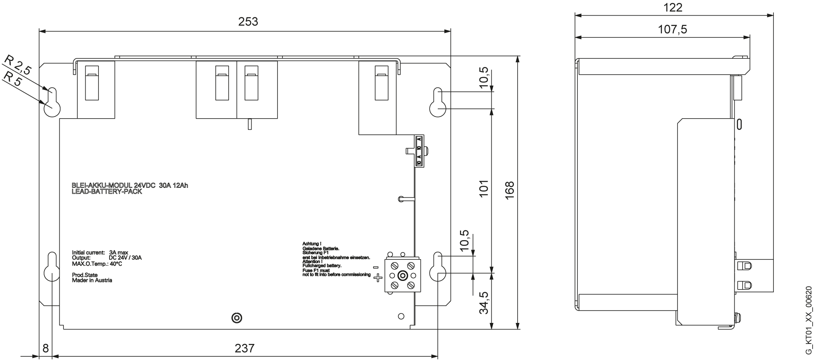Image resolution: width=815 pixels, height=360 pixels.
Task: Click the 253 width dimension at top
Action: click(248, 22)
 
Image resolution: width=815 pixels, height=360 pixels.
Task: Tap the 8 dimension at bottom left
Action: click(45, 348)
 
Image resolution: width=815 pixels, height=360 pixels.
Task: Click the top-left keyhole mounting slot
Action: click(52, 103)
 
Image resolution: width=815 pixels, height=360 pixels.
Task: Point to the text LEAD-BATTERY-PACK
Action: click(107, 192)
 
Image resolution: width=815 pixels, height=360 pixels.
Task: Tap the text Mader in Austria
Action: click(92, 280)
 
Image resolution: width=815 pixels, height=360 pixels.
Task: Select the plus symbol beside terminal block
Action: click(377, 279)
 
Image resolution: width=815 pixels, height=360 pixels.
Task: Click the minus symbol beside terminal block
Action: click(376, 267)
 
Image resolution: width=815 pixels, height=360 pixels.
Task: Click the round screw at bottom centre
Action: click(237, 318)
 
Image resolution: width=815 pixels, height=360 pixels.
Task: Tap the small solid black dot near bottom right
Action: click(400, 316)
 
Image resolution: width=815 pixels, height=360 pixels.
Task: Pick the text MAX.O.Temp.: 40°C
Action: click(97, 264)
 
